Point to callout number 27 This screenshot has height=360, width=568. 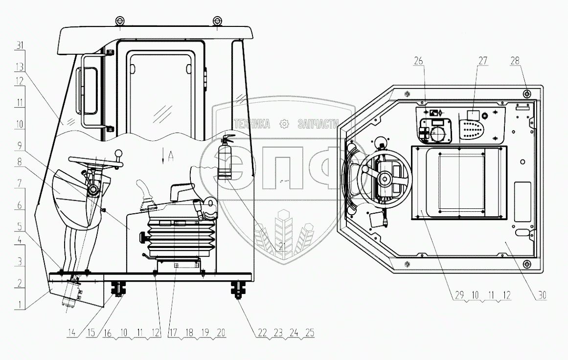point(483,61)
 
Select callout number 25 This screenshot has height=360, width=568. point(309,333)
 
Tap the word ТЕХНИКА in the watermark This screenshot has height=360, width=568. point(252,124)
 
